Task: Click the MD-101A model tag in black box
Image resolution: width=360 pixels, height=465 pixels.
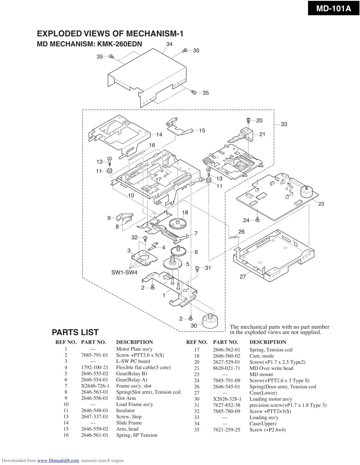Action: (x=333, y=8)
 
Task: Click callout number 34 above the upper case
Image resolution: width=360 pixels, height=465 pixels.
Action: (x=169, y=44)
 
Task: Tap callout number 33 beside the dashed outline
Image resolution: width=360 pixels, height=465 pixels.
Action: (x=284, y=124)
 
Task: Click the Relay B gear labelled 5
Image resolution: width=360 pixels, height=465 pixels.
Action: (x=172, y=264)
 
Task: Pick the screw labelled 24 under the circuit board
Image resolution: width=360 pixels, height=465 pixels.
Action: (x=257, y=220)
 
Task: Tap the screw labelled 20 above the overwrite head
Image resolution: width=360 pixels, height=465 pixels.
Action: (x=248, y=120)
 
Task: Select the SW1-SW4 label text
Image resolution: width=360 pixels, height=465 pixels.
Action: (x=124, y=273)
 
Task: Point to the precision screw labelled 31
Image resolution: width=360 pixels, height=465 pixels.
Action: (x=198, y=268)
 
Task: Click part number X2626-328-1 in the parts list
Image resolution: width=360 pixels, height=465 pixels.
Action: (x=227, y=399)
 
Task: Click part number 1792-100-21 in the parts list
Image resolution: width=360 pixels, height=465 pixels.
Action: (x=94, y=367)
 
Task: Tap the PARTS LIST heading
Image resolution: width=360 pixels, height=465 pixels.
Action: (x=75, y=332)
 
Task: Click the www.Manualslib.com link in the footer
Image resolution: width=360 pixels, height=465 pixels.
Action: (x=58, y=460)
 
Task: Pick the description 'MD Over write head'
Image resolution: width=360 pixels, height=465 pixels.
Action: (x=271, y=368)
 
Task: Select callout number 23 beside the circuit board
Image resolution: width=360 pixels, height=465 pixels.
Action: (x=321, y=204)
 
